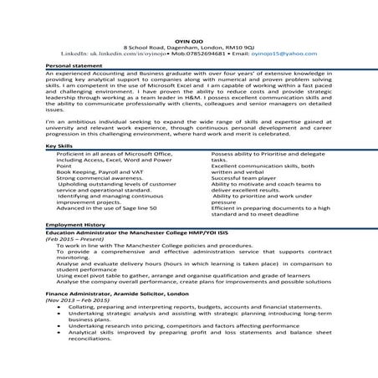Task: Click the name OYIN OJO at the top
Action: (188, 39)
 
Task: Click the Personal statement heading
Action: (70, 64)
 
